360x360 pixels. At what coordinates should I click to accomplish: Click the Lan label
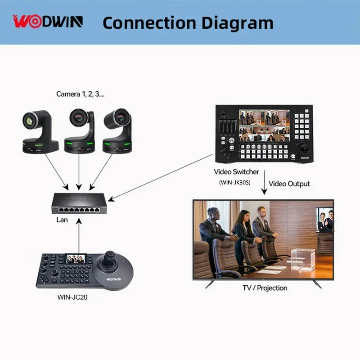[x=62, y=220]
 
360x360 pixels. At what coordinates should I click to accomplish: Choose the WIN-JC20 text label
[x=73, y=297]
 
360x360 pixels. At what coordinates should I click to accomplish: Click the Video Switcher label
[x=236, y=172]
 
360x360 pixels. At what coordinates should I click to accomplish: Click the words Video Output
[x=289, y=184]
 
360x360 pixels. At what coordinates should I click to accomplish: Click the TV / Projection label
[x=265, y=288]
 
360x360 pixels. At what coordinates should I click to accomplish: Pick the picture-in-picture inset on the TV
[x=325, y=220]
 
